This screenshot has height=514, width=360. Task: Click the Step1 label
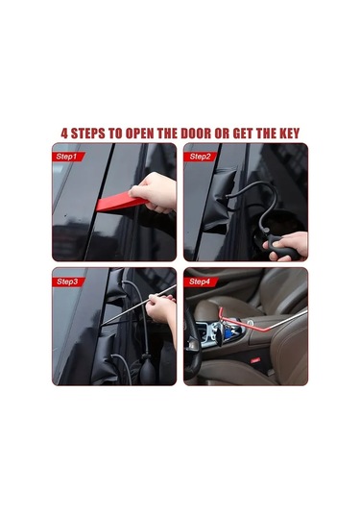pos(66,157)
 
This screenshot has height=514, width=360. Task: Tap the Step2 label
pos(200,157)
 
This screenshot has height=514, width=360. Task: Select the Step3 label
pos(67,281)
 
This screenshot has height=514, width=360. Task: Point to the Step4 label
pos(199,281)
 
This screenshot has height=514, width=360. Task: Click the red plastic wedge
pos(120,202)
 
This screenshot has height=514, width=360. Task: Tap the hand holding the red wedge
pos(155,192)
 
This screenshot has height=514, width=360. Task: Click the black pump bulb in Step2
pos(282,246)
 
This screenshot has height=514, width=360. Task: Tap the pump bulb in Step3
pos(148,369)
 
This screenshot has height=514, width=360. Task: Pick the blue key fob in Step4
pos(228,331)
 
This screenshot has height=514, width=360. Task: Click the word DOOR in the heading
pos(196,134)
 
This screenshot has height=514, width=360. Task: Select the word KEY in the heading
pos(289,134)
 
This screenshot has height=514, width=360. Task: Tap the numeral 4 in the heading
pos(64,134)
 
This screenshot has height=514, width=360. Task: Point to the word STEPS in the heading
pos(88,134)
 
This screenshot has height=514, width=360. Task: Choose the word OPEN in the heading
pos(140,134)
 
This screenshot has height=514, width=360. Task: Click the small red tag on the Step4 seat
pos(255,360)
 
